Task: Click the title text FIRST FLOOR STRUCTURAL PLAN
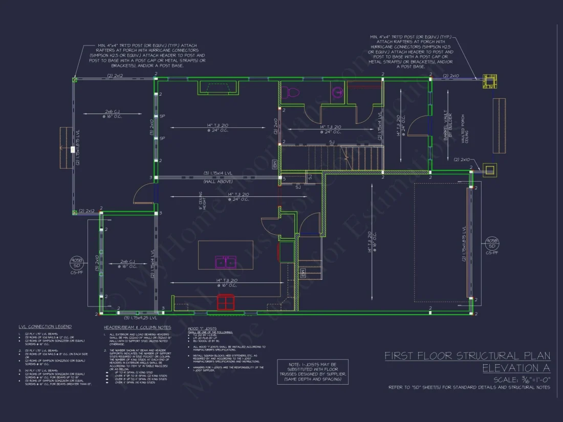coord(467,356)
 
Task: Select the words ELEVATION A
coord(516,368)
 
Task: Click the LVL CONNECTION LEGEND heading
coord(45,326)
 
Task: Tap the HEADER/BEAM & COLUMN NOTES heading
coord(137,327)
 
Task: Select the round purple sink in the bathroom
coord(337,93)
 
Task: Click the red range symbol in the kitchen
coord(225,302)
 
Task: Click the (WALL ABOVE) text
coord(218,182)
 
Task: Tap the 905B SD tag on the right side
coord(492,244)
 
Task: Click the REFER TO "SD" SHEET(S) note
coord(469,387)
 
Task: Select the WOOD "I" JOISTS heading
coord(202,328)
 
